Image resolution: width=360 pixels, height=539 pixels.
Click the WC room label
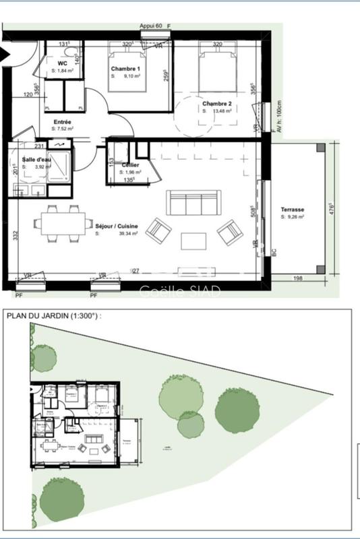click(x=63, y=64)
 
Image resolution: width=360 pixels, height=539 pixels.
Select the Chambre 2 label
click(x=217, y=104)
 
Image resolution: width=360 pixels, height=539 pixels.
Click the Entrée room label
click(x=63, y=122)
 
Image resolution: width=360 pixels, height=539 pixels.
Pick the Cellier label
click(x=130, y=165)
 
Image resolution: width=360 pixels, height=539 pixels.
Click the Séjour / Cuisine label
click(x=117, y=226)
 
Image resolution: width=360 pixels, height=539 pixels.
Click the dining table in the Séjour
click(x=64, y=224)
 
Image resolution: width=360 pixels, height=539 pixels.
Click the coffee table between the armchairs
click(x=194, y=241)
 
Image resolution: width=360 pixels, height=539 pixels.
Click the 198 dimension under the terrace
click(x=297, y=278)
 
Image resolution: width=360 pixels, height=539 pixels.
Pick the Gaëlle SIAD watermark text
click(x=179, y=292)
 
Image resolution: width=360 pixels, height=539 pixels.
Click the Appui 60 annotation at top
click(x=151, y=26)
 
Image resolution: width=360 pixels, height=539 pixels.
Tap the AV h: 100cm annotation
click(x=277, y=119)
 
